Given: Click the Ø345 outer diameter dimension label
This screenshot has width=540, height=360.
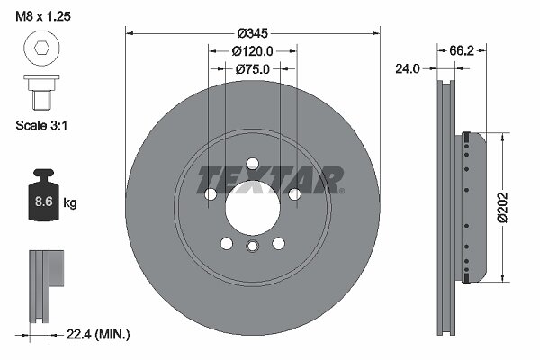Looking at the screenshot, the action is pyautogui.click(x=252, y=33).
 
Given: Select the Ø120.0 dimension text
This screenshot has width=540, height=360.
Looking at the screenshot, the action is pyautogui.click(x=252, y=51).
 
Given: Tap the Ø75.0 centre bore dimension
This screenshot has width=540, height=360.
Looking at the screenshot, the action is pyautogui.click(x=252, y=69).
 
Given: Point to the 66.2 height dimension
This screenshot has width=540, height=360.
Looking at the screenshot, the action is pyautogui.click(x=462, y=51).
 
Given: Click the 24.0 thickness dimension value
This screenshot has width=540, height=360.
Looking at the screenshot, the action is pyautogui.click(x=408, y=69).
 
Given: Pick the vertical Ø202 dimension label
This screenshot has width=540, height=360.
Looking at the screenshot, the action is pyautogui.click(x=503, y=207).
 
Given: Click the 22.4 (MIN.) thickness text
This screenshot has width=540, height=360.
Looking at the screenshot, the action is pyautogui.click(x=98, y=334).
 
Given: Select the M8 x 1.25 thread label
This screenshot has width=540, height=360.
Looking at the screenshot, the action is pyautogui.click(x=43, y=16).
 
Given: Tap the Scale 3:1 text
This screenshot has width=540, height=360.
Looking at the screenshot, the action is pyautogui.click(x=41, y=125).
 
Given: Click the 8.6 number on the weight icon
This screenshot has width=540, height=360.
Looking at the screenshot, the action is pyautogui.click(x=44, y=202).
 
